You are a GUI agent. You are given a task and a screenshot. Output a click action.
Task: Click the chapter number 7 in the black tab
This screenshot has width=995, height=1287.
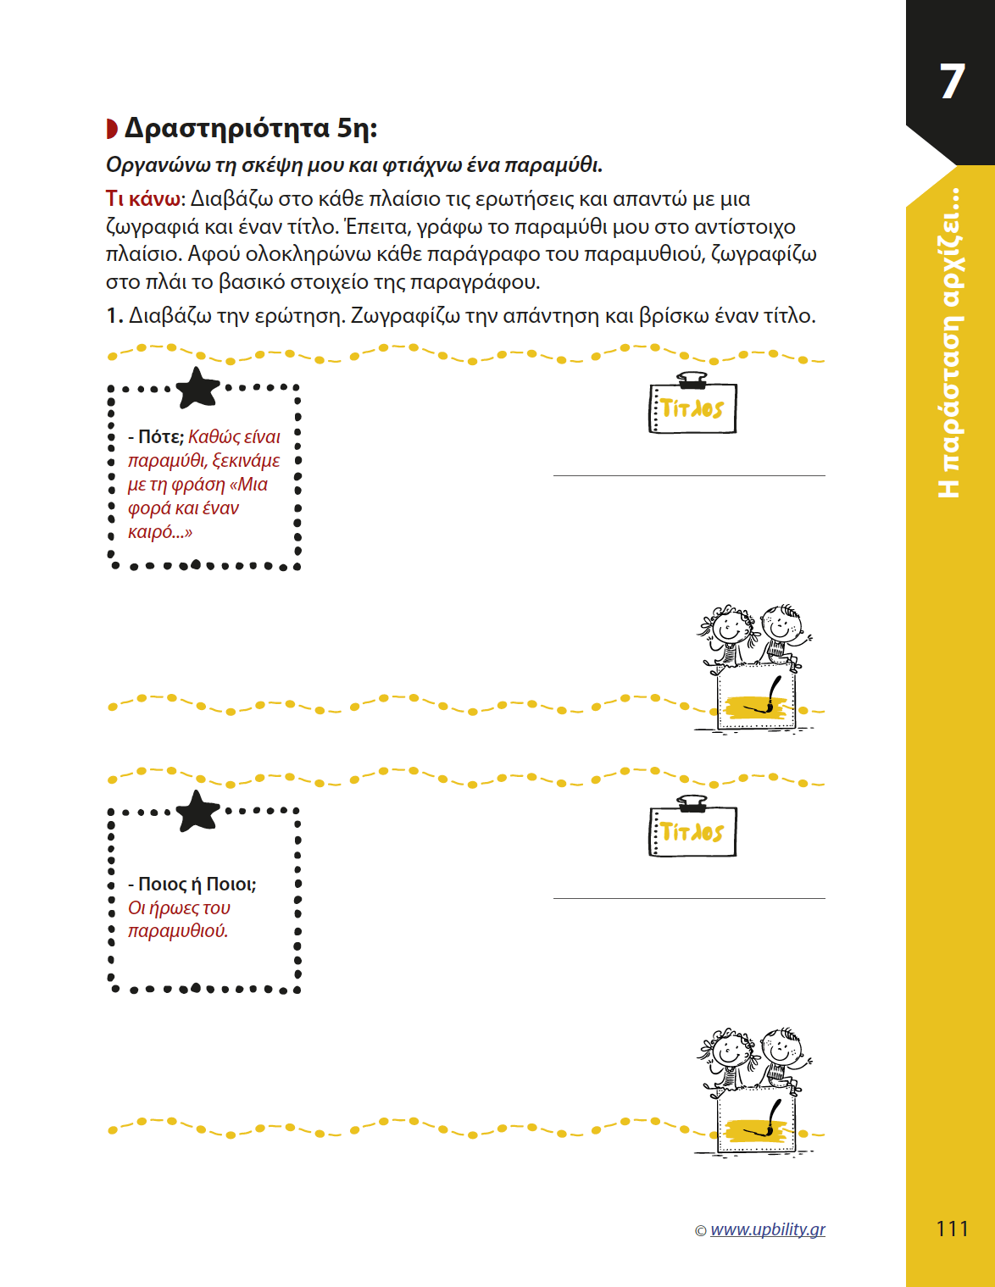click(953, 82)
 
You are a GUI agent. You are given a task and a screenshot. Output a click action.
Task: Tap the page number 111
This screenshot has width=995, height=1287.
click(952, 1229)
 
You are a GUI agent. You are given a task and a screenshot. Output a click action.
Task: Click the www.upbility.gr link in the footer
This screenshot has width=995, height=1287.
click(767, 1229)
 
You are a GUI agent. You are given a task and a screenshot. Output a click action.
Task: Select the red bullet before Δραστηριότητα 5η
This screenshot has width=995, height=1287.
click(112, 129)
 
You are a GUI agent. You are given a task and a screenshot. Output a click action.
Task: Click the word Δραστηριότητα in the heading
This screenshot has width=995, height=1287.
click(226, 128)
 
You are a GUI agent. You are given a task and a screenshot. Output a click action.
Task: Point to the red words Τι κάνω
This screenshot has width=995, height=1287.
click(142, 199)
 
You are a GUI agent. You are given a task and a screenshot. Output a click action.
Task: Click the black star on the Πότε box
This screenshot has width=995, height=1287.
click(197, 388)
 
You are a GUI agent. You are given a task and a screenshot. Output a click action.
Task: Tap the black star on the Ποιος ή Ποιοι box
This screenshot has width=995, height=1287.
click(197, 811)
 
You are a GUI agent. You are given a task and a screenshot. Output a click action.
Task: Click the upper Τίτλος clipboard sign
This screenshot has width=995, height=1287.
click(692, 408)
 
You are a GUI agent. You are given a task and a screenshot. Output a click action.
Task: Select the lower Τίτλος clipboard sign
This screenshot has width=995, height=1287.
click(692, 831)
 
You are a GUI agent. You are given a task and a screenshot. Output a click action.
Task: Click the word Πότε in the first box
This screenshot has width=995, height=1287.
click(160, 437)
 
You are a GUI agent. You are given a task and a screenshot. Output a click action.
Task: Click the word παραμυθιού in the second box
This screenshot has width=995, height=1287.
click(177, 931)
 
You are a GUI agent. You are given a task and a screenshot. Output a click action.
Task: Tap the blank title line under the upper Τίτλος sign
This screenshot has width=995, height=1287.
click(689, 475)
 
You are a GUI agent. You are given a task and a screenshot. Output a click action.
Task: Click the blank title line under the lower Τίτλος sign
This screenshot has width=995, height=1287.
click(689, 898)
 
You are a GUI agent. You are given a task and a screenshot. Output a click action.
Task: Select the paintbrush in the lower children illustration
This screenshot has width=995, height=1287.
click(770, 1118)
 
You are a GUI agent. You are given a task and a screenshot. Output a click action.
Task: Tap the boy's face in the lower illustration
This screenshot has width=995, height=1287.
click(780, 1051)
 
